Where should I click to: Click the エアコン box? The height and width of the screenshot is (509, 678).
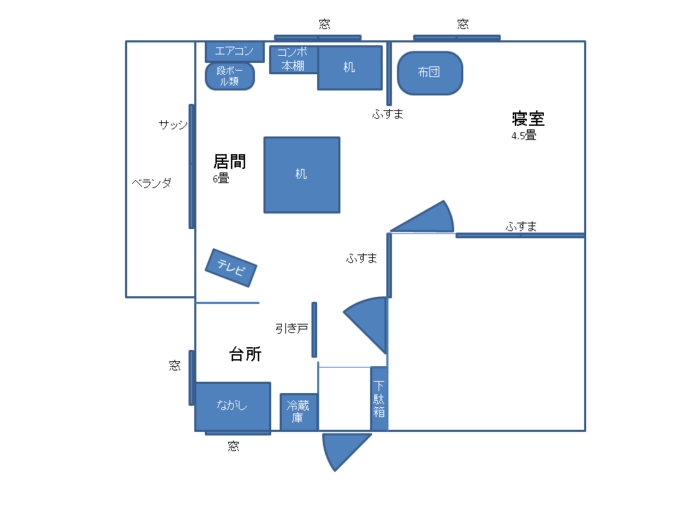pyautogui.click(x=234, y=52)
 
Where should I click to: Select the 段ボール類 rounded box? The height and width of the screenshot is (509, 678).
pyautogui.click(x=230, y=76)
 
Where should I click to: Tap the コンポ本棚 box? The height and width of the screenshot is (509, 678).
pyautogui.click(x=294, y=59)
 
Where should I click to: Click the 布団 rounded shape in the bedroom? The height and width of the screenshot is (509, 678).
pyautogui.click(x=430, y=73)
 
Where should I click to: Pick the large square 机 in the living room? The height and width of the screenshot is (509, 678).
pyautogui.click(x=302, y=175)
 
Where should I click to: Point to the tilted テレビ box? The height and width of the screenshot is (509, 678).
pyautogui.click(x=231, y=268)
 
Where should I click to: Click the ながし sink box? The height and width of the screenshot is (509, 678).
pyautogui.click(x=233, y=406)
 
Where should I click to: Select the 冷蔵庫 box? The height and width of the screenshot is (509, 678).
pyautogui.click(x=299, y=412)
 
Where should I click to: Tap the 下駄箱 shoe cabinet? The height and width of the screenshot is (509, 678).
pyautogui.click(x=379, y=399)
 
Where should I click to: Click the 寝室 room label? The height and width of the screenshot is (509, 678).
pyautogui.click(x=528, y=119)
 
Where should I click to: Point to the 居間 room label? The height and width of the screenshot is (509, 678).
pyautogui.click(x=230, y=162)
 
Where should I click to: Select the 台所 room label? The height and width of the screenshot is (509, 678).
pyautogui.click(x=245, y=354)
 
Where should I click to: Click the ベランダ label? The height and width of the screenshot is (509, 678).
pyautogui.click(x=152, y=183)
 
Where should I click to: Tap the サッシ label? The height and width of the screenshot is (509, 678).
pyautogui.click(x=173, y=124)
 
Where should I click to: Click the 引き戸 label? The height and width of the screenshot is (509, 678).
pyautogui.click(x=292, y=329)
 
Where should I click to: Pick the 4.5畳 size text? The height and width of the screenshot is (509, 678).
pyautogui.click(x=523, y=136)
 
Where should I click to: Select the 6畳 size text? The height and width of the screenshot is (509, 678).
pyautogui.click(x=221, y=178)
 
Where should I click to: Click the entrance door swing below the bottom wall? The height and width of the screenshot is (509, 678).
pyautogui.click(x=342, y=450)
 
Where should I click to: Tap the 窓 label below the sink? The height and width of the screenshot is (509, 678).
pyautogui.click(x=234, y=446)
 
